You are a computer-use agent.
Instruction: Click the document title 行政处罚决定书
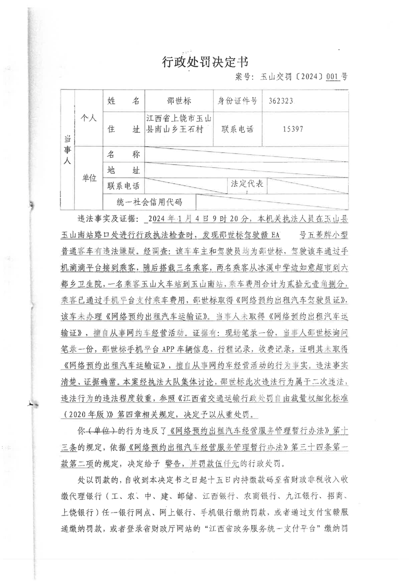point(206,62)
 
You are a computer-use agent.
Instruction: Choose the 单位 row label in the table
point(90,178)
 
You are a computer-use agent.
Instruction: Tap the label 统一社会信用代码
point(143,202)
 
